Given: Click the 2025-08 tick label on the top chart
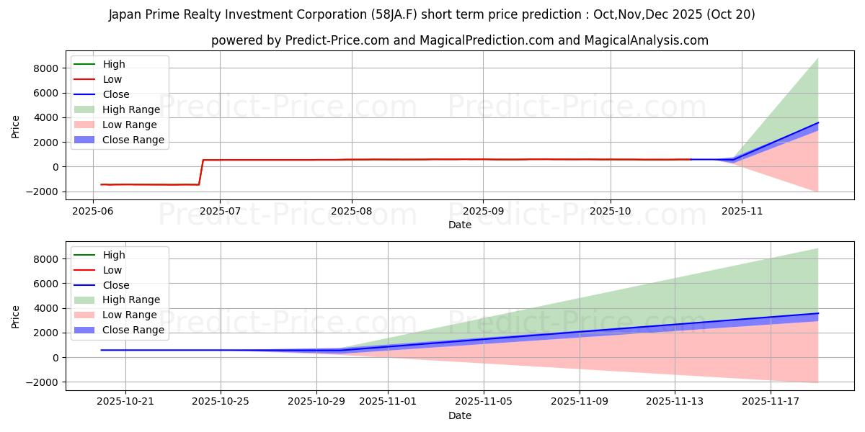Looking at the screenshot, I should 352,211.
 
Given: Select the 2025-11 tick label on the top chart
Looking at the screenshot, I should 741,211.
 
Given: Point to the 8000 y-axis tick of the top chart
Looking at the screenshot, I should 45,68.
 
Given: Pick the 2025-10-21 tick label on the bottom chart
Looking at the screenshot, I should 125,402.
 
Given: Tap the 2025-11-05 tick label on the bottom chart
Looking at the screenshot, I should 484,402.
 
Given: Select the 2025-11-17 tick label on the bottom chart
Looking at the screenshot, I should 771,402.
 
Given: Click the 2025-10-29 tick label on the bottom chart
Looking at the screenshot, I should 316,402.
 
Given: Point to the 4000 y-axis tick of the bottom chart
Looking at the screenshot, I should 45,308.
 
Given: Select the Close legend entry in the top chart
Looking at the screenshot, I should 116,94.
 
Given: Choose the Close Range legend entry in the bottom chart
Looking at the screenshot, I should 133,330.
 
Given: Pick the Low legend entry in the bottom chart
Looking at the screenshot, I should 112,270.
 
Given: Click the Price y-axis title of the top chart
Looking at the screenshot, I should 15,126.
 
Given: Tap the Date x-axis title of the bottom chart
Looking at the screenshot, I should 460,415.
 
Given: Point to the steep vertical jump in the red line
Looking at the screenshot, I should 201,173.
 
